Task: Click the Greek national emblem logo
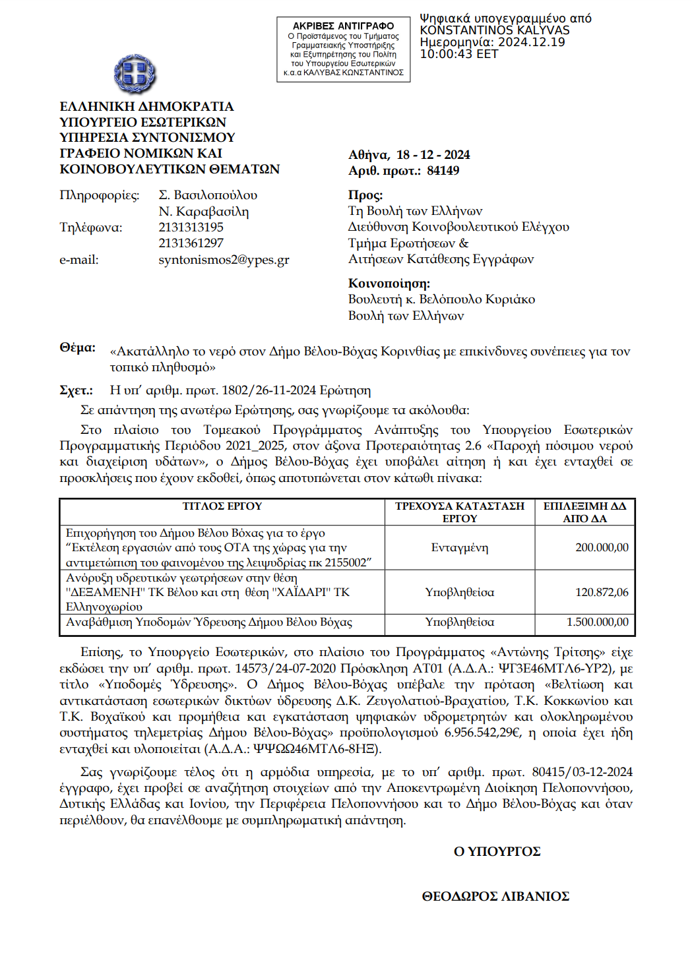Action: pyautogui.click(x=135, y=74)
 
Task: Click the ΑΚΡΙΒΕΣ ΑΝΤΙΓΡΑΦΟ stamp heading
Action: pyautogui.click(x=343, y=26)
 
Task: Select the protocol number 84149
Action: pyautogui.click(x=443, y=171)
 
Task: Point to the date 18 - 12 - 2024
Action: pyautogui.click(x=433, y=155)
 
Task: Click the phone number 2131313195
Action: pyautogui.click(x=191, y=227)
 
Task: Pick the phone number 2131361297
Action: pyautogui.click(x=191, y=243)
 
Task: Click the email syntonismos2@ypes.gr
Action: pyautogui.click(x=224, y=260)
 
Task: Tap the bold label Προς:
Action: pyautogui.click(x=365, y=195)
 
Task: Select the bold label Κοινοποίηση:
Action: pyautogui.click(x=389, y=284)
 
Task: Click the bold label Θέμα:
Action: pyautogui.click(x=77, y=347)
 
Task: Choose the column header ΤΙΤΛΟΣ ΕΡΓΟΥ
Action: pyautogui.click(x=222, y=506)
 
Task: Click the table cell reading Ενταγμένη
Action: pyautogui.click(x=460, y=548)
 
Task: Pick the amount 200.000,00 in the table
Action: pyautogui.click(x=602, y=548)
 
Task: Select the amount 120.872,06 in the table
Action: pyautogui.click(x=602, y=593)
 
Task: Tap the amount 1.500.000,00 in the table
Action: pyautogui.click(x=597, y=622)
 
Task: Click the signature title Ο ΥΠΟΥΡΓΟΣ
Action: pyautogui.click(x=497, y=852)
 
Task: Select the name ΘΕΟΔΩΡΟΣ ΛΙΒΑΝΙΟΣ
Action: pyautogui.click(x=495, y=897)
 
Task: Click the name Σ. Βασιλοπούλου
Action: pyautogui.click(x=208, y=195)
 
